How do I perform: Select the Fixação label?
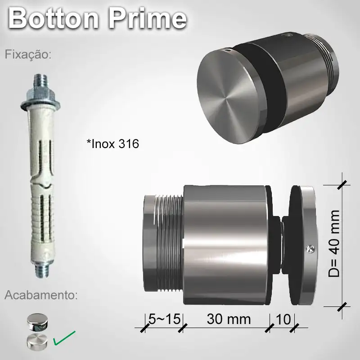28,55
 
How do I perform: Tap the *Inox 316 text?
112,144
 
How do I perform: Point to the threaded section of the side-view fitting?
169,243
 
